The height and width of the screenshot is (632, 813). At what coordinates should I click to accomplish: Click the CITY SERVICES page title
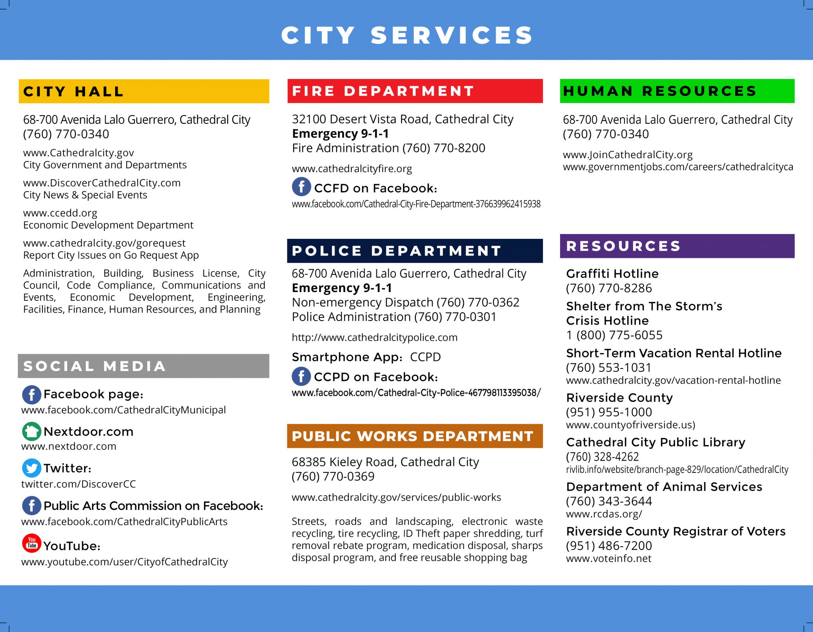pyautogui.click(x=407, y=35)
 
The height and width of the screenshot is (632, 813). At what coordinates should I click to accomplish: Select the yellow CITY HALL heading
pyautogui.click(x=73, y=92)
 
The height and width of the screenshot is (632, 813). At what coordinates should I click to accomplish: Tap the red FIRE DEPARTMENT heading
pyautogui.click(x=383, y=91)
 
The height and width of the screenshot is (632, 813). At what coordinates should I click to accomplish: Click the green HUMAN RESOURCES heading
pyautogui.click(x=660, y=91)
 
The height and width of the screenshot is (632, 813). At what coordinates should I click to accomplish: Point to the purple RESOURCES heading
pyautogui.click(x=623, y=246)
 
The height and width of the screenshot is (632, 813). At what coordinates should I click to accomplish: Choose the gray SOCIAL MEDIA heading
pyautogui.click(x=94, y=366)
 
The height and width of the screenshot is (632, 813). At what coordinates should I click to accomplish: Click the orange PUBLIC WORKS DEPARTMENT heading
pyautogui.click(x=412, y=436)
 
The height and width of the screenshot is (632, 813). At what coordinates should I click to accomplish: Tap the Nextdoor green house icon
pyautogui.click(x=31, y=431)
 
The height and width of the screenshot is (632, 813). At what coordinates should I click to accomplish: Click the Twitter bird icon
pyautogui.click(x=31, y=468)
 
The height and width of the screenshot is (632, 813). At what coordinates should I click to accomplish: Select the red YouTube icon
pyautogui.click(x=32, y=543)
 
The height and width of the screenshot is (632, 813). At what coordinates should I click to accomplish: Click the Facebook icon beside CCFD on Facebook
pyautogui.click(x=301, y=186)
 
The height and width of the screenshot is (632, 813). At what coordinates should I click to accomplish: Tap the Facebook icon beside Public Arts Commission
pyautogui.click(x=31, y=506)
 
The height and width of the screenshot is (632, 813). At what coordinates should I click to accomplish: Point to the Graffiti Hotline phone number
pyautogui.click(x=609, y=288)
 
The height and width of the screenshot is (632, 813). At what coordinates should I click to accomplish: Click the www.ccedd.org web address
pyautogui.click(x=60, y=213)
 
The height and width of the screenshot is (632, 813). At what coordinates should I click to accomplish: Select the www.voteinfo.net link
pyautogui.click(x=609, y=559)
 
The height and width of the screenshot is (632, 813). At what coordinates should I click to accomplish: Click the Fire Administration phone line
pyautogui.click(x=388, y=148)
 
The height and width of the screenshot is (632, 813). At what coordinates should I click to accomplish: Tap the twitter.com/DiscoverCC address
pyautogui.click(x=78, y=484)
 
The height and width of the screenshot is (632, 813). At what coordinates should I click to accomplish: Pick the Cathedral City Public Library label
pyautogui.click(x=655, y=442)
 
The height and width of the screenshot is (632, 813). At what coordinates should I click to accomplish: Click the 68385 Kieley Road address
pyautogui.click(x=385, y=462)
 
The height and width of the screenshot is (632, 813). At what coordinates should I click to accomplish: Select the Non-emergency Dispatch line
pyautogui.click(x=405, y=302)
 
